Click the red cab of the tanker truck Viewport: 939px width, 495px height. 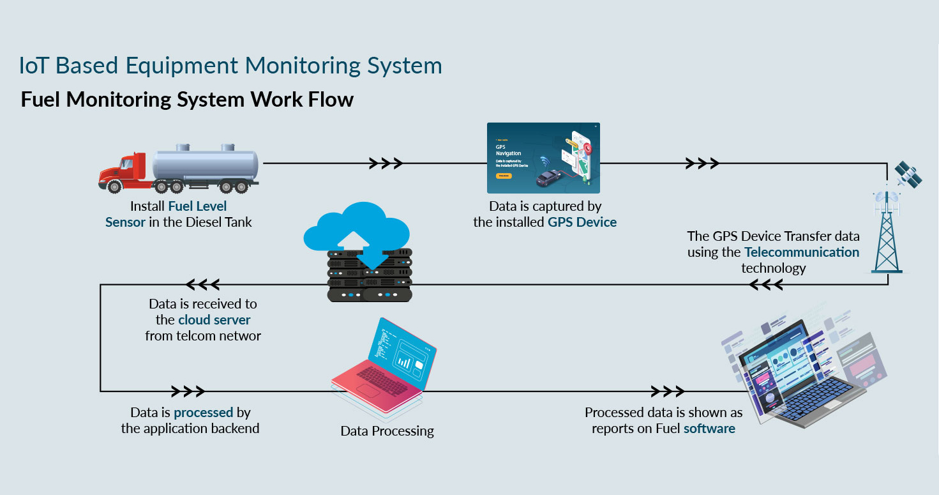click(x=125, y=169)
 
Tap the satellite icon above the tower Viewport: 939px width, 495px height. click(x=908, y=174)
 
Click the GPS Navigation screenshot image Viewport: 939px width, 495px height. click(x=543, y=158)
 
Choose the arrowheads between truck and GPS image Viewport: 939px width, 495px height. click(x=386, y=164)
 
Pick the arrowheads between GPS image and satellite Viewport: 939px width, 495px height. click(x=702, y=164)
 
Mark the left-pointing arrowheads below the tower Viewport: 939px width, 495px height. click(x=765, y=285)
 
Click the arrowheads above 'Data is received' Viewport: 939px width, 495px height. click(x=203, y=284)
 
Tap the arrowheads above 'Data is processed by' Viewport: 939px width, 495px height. click(x=188, y=391)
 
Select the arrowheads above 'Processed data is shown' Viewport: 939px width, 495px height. click(x=668, y=391)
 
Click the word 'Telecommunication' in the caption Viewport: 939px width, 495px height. click(x=802, y=252)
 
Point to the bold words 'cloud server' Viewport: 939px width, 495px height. click(x=214, y=320)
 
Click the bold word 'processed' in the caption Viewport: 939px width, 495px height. click(x=204, y=413)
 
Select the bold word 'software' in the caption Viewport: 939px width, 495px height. click(x=709, y=429)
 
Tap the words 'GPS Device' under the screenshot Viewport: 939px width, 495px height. click(x=582, y=222)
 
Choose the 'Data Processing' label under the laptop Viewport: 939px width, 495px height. click(x=387, y=431)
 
